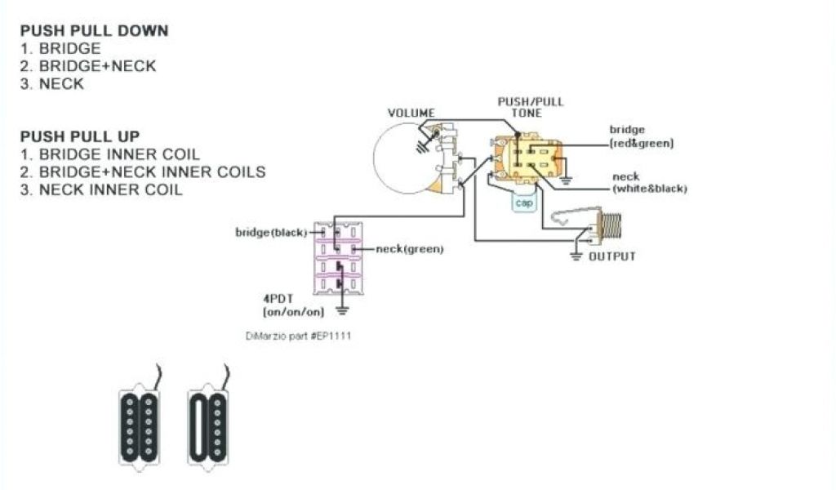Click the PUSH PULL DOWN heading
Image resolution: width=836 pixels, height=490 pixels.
[95, 31]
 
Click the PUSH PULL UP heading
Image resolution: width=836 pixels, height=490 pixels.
[80, 136]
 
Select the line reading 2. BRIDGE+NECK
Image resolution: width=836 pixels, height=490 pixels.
[88, 66]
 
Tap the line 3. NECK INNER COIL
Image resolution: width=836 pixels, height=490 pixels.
[101, 189]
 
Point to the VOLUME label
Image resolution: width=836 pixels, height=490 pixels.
[411, 113]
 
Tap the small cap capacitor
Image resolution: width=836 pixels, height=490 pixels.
[523, 203]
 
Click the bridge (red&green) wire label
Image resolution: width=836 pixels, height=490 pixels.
[641, 136]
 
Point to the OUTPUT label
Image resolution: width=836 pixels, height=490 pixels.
[612, 256]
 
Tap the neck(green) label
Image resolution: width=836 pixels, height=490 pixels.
[409, 249]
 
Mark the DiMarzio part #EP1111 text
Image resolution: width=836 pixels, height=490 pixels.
[299, 336]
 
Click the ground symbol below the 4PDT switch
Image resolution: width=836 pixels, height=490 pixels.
[343, 310]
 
